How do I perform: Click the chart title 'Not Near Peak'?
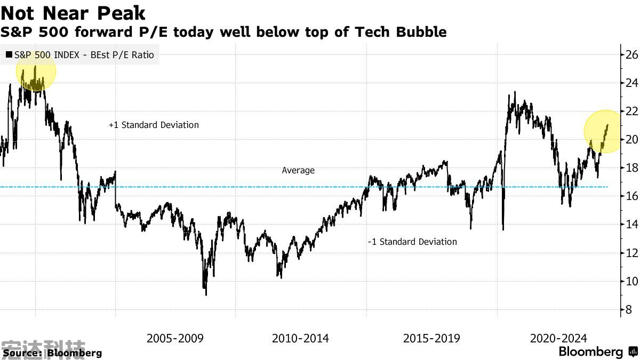point(73,12)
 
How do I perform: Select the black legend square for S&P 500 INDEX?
point(9,54)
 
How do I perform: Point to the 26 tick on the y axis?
point(632,54)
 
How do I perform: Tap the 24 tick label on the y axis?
point(632,83)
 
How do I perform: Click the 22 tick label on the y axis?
point(632,111)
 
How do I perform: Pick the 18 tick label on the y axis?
point(632,167)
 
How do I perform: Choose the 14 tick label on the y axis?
point(632,225)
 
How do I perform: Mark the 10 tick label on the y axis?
point(632,281)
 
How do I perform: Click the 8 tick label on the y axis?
point(629,309)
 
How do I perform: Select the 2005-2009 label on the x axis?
point(175,338)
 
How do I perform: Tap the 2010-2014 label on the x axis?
point(300,338)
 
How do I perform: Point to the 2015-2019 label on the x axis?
point(431,338)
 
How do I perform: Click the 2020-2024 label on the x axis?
point(558,338)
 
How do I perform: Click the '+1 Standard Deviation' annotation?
point(154,125)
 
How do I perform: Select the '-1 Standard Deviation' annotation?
point(412,242)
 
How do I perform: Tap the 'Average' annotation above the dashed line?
point(298,170)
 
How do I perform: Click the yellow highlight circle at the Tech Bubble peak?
point(36,71)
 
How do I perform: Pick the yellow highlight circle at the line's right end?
point(604,131)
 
